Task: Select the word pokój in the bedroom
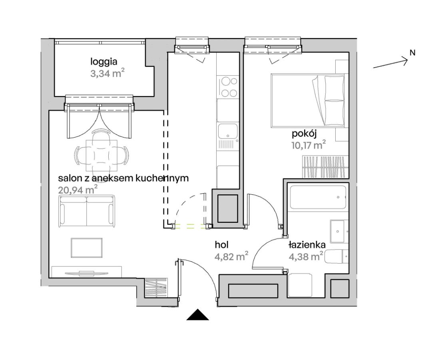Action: (304, 134)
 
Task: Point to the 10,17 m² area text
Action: (309, 145)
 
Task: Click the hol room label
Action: (222, 245)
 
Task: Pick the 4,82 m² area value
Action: (232, 256)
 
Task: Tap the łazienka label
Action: (307, 245)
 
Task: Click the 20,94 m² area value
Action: (78, 189)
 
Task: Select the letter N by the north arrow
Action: (412, 53)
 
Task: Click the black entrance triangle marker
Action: (198, 315)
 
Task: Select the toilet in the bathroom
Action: (336, 257)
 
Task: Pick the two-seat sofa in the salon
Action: (87, 211)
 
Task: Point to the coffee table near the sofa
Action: (87, 248)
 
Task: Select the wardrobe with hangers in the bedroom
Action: (325, 167)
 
